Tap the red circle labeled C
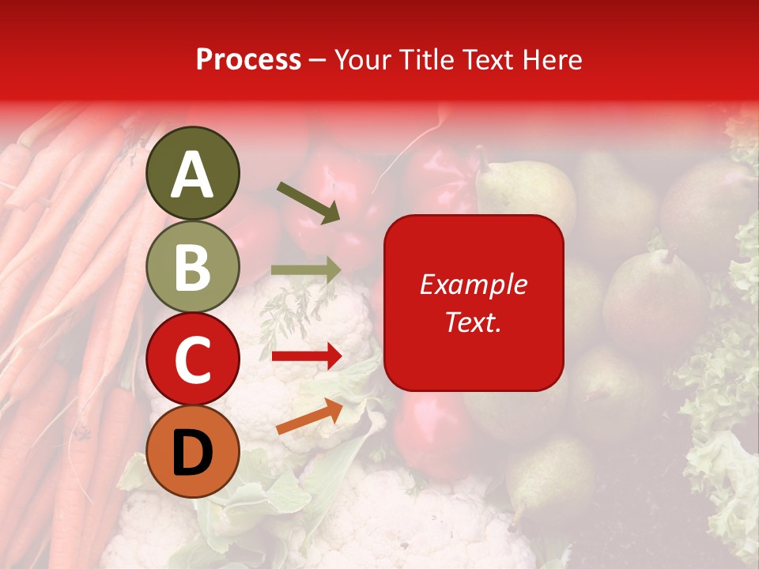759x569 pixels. (192, 359)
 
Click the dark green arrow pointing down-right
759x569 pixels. (308, 202)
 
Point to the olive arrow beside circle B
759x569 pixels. (307, 270)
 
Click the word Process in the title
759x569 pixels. (248, 60)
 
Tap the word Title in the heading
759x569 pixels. (425, 60)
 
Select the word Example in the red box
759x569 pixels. (474, 284)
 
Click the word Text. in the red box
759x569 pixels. (474, 322)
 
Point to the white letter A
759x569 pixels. (192, 175)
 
